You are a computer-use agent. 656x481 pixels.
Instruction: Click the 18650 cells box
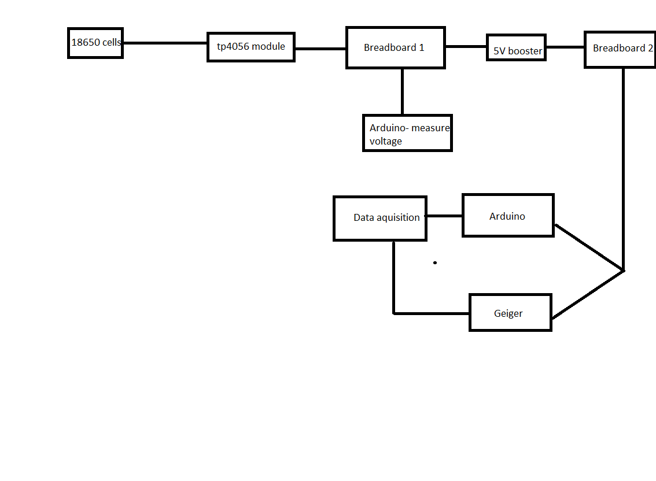click(x=95, y=43)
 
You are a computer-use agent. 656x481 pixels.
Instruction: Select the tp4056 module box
click(x=251, y=47)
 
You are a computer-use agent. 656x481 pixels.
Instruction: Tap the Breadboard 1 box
click(x=396, y=47)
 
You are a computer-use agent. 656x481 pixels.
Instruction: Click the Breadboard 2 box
click(x=620, y=50)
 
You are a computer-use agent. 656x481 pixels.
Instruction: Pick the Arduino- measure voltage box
click(x=407, y=133)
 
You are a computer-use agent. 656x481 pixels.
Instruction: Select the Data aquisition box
click(x=380, y=218)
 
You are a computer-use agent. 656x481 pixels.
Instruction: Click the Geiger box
click(x=510, y=313)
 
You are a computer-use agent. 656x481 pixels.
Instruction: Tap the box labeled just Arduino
click(x=508, y=216)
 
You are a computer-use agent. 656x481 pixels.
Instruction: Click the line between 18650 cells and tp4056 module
click(x=165, y=43)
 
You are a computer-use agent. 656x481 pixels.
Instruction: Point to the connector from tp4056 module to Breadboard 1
click(x=320, y=49)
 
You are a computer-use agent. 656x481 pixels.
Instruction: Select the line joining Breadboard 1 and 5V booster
click(x=466, y=46)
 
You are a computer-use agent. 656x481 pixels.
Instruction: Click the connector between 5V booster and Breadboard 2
click(x=565, y=47)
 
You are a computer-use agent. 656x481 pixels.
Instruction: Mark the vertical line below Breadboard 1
click(x=402, y=91)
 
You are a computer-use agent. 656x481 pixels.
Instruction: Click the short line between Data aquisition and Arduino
click(x=444, y=216)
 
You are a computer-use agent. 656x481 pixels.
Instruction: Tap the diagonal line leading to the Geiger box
click(x=587, y=294)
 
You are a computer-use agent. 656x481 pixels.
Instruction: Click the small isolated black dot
click(x=435, y=262)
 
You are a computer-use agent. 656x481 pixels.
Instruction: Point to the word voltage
click(x=386, y=141)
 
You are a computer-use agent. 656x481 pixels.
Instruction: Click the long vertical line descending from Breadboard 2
click(x=623, y=168)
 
